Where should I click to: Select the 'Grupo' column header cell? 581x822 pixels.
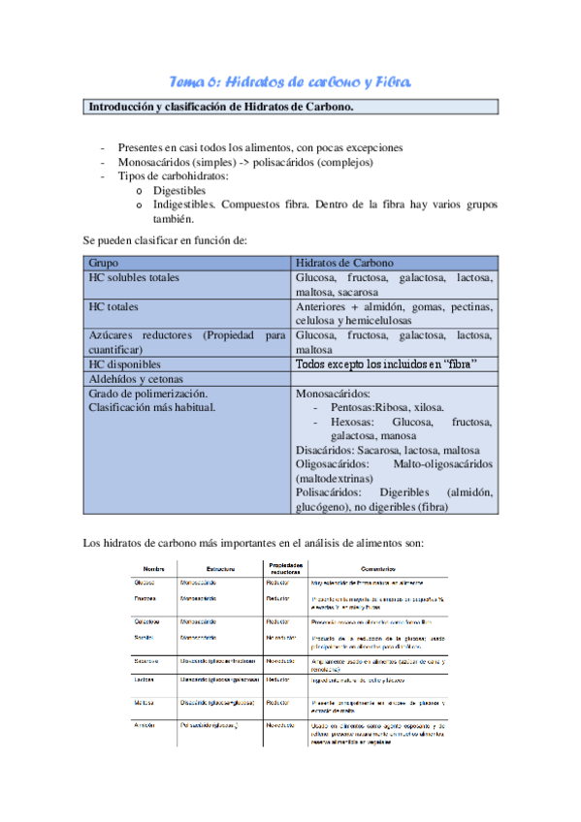[x=104, y=263]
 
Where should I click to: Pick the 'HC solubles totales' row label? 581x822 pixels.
[x=134, y=277]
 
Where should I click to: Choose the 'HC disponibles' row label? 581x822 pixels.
[x=124, y=364]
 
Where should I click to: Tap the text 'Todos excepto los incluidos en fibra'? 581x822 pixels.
[x=392, y=364]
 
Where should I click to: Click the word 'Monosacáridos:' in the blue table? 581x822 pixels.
[x=333, y=395]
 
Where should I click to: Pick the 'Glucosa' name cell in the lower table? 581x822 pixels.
[x=145, y=583]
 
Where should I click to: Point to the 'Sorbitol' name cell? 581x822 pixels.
[x=145, y=637]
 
